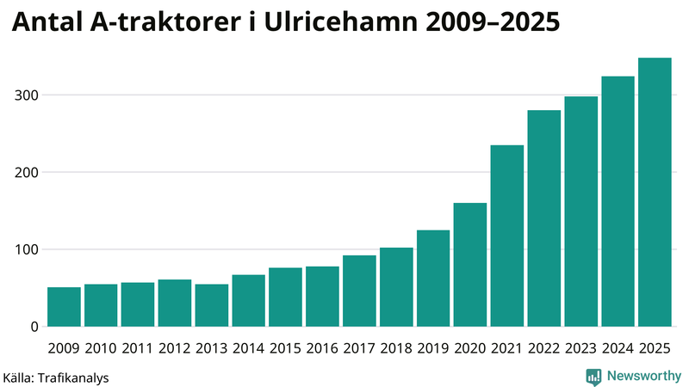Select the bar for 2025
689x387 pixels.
655,193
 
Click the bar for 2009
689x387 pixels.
64,307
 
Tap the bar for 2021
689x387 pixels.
507,236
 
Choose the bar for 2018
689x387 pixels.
396,287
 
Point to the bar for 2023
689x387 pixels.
580,212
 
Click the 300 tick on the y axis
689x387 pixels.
28,95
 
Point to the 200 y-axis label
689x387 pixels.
28,172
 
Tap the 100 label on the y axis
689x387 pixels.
28,249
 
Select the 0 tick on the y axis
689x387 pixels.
35,327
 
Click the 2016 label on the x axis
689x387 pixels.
322,348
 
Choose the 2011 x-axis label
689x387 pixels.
138,348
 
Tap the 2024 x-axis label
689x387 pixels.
618,348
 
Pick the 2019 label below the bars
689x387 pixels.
433,348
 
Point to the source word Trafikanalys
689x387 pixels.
72,377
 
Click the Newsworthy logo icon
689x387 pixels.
593,376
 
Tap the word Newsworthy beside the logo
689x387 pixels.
643,376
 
